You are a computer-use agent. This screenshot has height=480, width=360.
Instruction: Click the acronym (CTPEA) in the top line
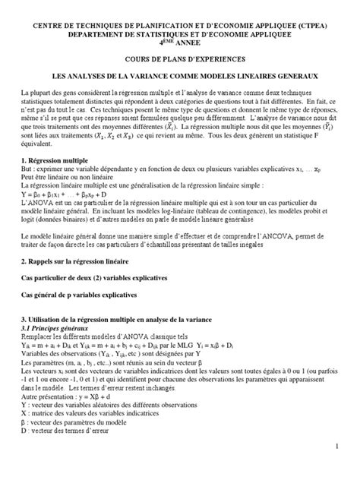point(314,25)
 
